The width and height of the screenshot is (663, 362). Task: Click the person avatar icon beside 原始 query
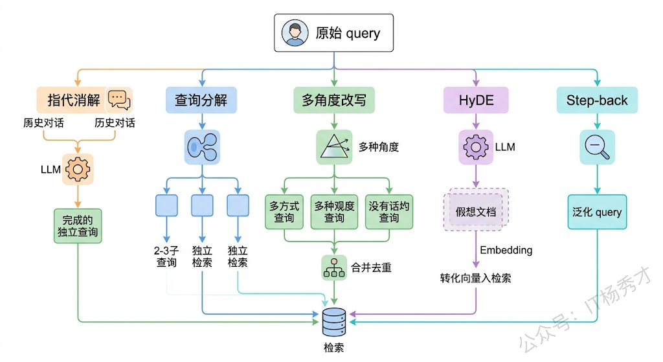294,33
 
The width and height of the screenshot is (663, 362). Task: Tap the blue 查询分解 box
201,100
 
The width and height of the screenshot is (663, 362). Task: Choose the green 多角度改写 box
334,100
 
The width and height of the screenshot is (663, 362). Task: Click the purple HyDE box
476,100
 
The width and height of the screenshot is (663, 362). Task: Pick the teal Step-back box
596,100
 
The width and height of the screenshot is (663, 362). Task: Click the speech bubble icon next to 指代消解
119,99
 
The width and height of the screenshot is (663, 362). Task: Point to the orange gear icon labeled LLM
78,169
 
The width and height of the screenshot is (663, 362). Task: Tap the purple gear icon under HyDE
476,146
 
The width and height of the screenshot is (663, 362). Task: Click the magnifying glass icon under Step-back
596,146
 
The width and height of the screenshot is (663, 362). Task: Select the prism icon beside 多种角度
334,146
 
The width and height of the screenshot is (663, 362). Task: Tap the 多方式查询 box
285,212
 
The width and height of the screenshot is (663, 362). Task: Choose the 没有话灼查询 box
389,212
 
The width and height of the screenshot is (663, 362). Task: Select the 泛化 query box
596,212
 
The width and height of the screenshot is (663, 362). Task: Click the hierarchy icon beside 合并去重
334,267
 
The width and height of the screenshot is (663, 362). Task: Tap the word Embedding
506,250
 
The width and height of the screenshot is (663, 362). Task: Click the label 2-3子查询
166,256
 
